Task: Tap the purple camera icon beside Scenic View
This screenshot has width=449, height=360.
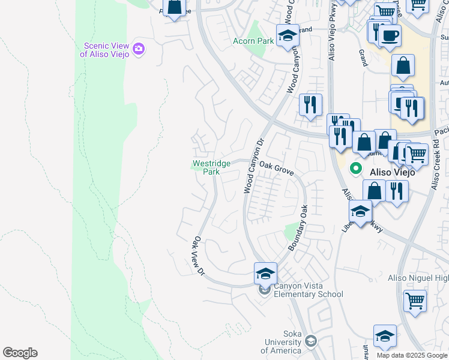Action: pyautogui.click(x=139, y=49)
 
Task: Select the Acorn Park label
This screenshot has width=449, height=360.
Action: pyautogui.click(x=253, y=41)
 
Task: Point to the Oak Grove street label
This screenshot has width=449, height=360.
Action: pyautogui.click(x=276, y=169)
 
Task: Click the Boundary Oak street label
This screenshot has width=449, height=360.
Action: pyautogui.click(x=298, y=229)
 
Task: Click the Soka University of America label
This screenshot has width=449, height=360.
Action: pyautogui.click(x=285, y=346)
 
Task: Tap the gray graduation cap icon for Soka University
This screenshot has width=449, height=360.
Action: pyautogui.click(x=310, y=342)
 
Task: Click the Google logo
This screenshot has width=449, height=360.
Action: pyautogui.click(x=20, y=353)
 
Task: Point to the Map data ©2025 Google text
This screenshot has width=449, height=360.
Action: pyautogui.click(x=412, y=355)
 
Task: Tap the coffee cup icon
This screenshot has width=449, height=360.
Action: pyautogui.click(x=390, y=35)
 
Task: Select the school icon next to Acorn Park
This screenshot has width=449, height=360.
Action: pyautogui.click(x=288, y=35)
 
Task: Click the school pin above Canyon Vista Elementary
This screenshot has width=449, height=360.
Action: pyautogui.click(x=265, y=273)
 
